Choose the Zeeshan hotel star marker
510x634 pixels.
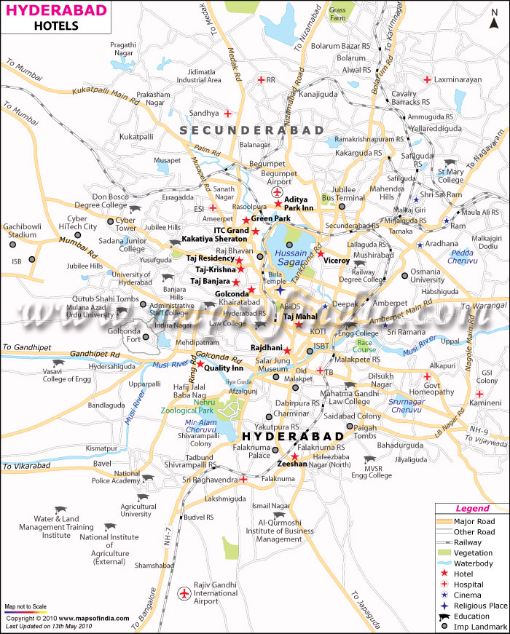(294, 456)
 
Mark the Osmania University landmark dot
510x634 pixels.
(404, 275)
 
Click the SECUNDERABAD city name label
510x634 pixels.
(252, 130)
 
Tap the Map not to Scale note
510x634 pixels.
(25, 606)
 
